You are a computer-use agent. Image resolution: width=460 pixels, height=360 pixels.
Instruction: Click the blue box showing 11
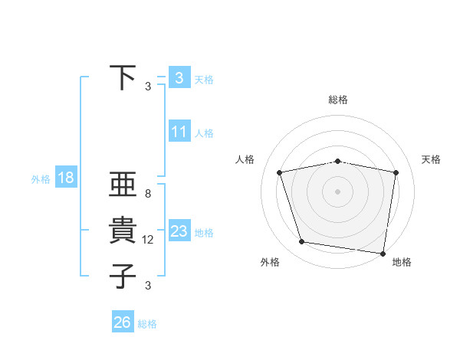(179, 132)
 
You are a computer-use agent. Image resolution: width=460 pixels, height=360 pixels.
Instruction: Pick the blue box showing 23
(179, 231)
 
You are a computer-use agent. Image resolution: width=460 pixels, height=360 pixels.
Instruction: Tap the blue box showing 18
(66, 178)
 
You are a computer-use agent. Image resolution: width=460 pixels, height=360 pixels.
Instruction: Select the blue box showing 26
(123, 322)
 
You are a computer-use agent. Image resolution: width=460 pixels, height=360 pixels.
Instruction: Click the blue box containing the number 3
(179, 78)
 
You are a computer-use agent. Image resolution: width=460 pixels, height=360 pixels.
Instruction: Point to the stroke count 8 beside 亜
(147, 195)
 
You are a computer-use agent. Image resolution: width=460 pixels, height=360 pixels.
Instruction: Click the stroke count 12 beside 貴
(148, 240)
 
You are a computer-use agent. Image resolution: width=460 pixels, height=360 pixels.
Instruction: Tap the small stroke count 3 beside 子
(147, 286)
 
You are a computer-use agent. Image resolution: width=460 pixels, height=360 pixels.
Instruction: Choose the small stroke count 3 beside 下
(147, 87)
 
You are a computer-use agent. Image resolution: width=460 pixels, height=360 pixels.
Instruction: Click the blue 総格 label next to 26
(147, 324)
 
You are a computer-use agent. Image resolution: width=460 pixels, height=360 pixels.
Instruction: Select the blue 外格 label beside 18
(41, 179)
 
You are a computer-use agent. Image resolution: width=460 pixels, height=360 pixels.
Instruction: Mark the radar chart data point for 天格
(396, 172)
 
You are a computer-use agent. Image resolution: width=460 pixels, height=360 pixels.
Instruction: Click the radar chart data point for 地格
(382, 253)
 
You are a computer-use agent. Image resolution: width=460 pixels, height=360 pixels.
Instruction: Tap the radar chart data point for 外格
(301, 242)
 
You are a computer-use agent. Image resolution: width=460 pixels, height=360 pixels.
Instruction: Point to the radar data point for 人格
(280, 172)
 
